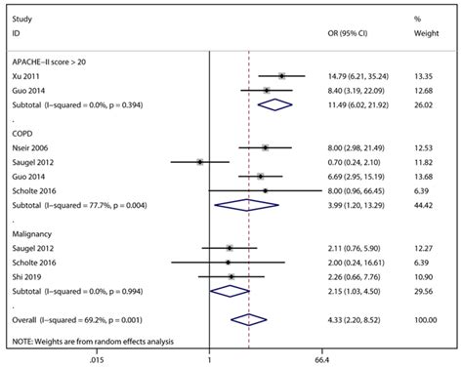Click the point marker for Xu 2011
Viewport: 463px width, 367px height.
point(281,75)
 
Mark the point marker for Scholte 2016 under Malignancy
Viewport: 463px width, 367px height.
point(228,263)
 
